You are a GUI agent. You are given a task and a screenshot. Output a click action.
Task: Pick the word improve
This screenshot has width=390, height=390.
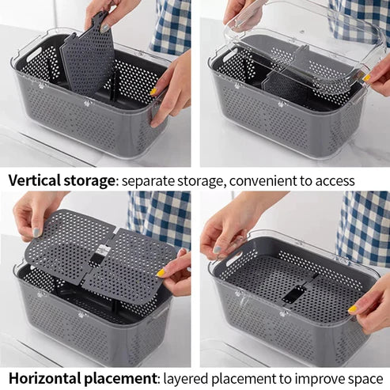coord(316,380)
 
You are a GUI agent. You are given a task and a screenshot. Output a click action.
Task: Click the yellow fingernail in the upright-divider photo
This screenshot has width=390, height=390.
coord(153,92)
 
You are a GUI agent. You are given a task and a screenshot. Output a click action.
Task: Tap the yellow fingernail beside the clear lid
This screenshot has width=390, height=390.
coord(367,78)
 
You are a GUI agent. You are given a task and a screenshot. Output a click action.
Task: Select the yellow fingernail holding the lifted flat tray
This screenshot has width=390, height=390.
coord(161,272)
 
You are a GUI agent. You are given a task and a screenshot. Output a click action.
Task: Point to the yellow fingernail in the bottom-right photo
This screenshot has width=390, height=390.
coord(353,309)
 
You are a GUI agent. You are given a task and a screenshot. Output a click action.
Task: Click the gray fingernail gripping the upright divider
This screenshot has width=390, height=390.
coord(104,28)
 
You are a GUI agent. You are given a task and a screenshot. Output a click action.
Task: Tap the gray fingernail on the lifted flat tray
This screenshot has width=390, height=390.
coord(37,233)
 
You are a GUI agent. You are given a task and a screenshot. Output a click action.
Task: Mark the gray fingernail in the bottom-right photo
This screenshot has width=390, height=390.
coord(217,249)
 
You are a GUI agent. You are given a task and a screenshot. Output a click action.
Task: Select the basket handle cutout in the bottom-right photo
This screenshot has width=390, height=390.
coord(233,259)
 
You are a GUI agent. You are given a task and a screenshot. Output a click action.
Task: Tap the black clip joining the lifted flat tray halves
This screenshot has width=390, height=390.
coord(99,252)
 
